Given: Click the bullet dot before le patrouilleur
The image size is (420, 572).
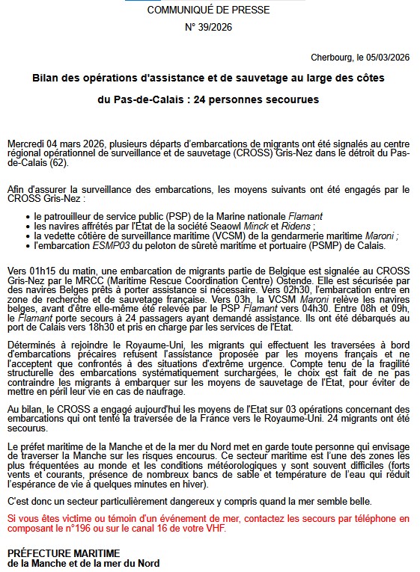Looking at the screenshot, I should [27, 216].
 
